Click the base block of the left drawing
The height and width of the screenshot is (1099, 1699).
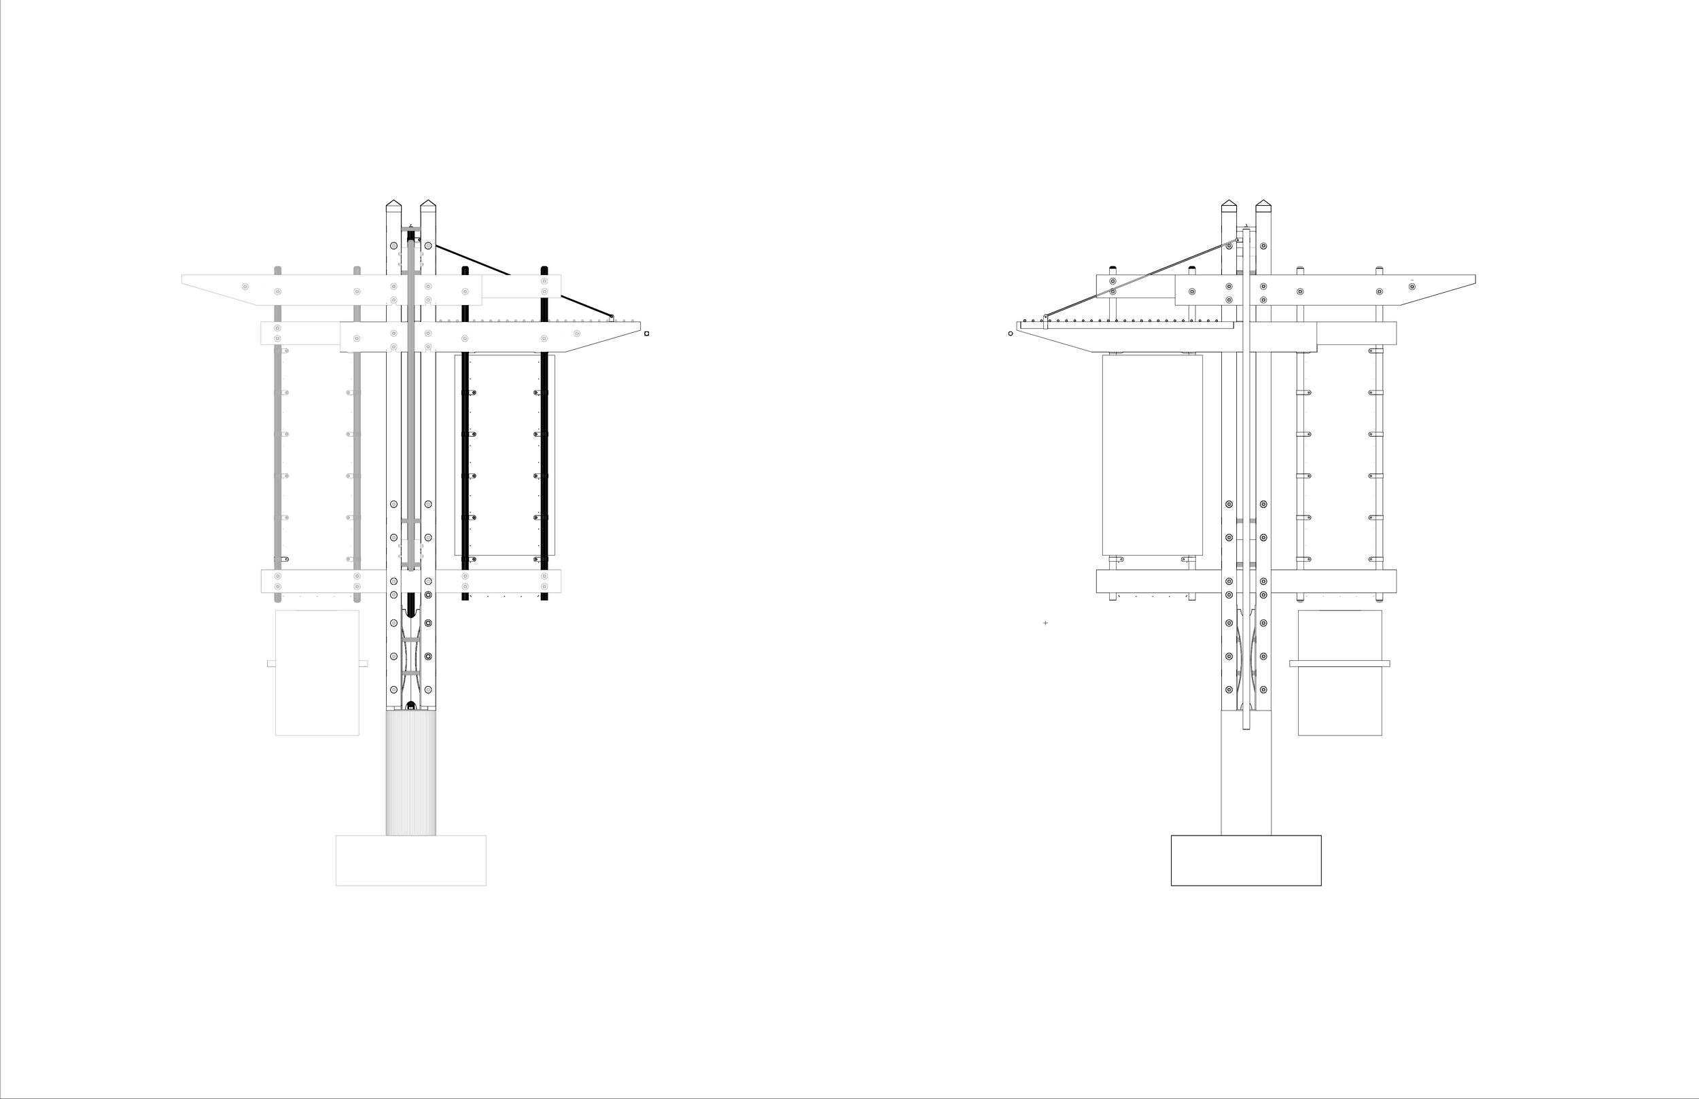pyautogui.click(x=410, y=860)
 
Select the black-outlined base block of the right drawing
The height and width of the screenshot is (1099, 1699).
pyautogui.click(x=1246, y=860)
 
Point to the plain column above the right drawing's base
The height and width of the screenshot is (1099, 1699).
pyautogui.click(x=1246, y=785)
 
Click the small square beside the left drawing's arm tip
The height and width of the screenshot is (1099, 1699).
pyautogui.click(x=647, y=334)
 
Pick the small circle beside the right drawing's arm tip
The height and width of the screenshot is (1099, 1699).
pyautogui.click(x=1010, y=334)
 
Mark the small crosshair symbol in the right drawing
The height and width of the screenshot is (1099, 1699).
pyautogui.click(x=1046, y=623)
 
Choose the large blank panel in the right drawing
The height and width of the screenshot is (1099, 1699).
pyautogui.click(x=1152, y=454)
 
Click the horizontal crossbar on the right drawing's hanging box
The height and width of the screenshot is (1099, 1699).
pyautogui.click(x=1339, y=664)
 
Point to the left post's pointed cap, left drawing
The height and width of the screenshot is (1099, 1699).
pyautogui.click(x=393, y=206)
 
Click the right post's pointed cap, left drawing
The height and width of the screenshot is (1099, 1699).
pyautogui.click(x=427, y=206)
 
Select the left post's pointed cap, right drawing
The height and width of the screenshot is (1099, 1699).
pyautogui.click(x=1229, y=206)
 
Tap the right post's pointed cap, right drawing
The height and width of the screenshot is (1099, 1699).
pyautogui.click(x=1263, y=206)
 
